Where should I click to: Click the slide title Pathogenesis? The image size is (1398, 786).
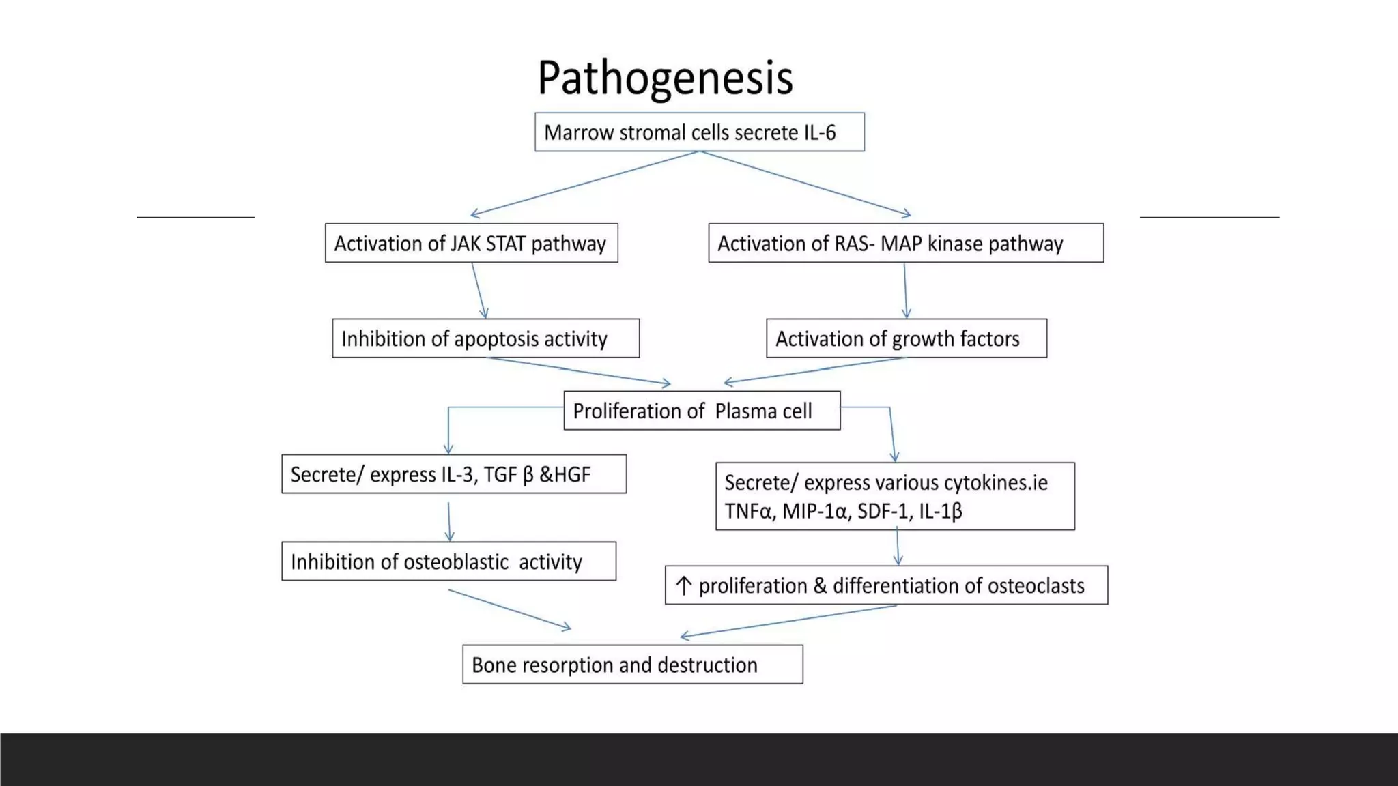tap(665, 78)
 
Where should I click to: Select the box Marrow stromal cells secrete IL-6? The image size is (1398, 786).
tap(699, 132)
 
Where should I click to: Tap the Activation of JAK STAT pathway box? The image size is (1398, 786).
tap(471, 243)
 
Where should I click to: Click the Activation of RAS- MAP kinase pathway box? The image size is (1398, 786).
tap(905, 243)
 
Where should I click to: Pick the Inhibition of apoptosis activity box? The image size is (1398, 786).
tap(485, 338)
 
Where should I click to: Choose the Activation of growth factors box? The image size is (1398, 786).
tap(906, 338)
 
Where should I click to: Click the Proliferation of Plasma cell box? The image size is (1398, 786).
tap(702, 411)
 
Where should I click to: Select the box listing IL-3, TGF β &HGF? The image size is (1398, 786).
tap(453, 474)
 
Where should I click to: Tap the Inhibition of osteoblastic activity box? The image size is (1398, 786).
tap(448, 562)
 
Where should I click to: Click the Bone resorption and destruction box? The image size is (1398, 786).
tap(632, 665)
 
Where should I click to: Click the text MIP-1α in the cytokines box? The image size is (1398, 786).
tap(815, 511)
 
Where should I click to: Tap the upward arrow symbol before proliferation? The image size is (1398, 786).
tap(683, 585)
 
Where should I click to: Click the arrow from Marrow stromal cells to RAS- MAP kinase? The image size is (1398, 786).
tap(805, 183)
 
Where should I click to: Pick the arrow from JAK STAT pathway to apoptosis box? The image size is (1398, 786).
tap(479, 291)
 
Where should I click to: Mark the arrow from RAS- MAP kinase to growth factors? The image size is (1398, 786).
tap(905, 291)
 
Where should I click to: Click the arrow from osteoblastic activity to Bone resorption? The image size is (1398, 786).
tap(509, 609)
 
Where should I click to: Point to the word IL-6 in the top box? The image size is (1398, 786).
tap(819, 132)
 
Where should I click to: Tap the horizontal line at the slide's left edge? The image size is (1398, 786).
tap(195, 217)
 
